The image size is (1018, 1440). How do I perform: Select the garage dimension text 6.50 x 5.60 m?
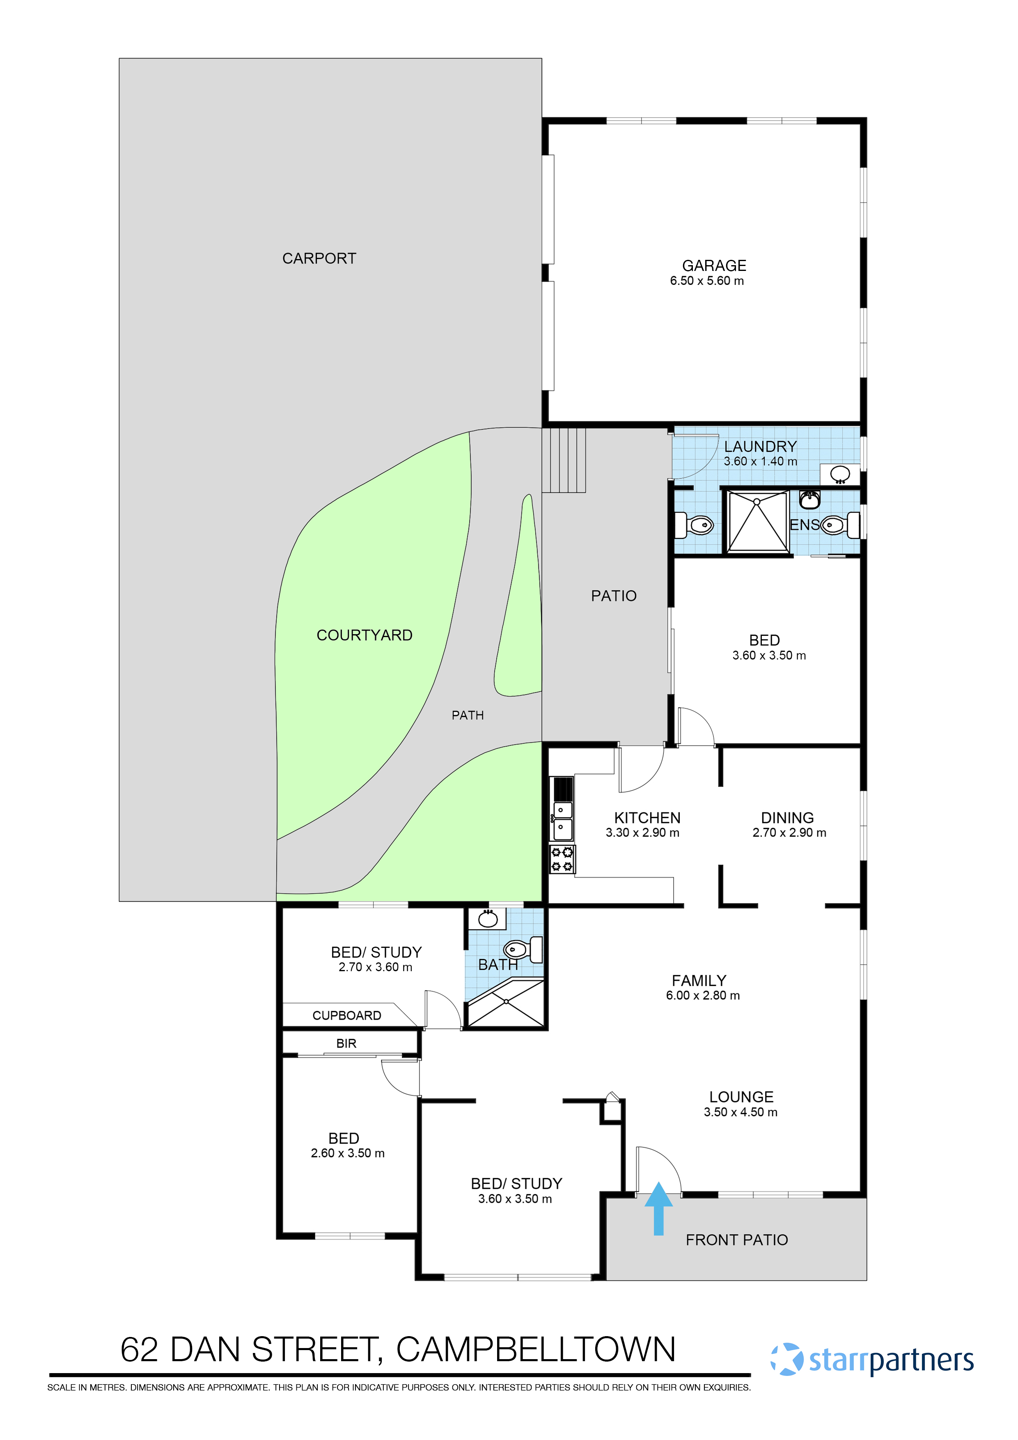click(x=706, y=281)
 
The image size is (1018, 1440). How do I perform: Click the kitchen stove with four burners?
click(x=562, y=859)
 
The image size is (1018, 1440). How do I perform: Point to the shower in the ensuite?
click(x=757, y=521)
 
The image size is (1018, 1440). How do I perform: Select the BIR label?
click(x=346, y=1043)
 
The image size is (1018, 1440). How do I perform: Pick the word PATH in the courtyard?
click(x=467, y=715)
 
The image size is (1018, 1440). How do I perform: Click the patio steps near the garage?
click(x=563, y=460)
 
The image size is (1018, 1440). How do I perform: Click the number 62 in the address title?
click(x=139, y=1350)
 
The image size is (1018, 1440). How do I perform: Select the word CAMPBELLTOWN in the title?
click(x=536, y=1350)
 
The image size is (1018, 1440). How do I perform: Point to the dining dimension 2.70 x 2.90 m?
click(x=789, y=833)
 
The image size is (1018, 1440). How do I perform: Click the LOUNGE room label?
click(x=741, y=1097)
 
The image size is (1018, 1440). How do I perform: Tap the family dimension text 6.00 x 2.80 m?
click(x=702, y=995)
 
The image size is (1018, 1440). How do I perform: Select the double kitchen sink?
click(x=562, y=820)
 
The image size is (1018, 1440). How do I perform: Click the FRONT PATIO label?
click(x=736, y=1240)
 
